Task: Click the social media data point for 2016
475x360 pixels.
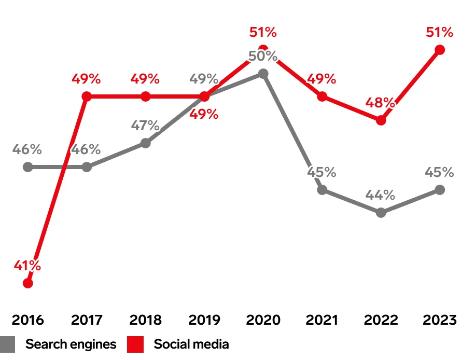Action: [x=28, y=283]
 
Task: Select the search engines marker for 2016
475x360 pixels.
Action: [x=28, y=167]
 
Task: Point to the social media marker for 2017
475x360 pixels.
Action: [x=87, y=96]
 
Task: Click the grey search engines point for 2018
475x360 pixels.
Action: [x=146, y=143]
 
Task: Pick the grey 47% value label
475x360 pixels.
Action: [x=146, y=126]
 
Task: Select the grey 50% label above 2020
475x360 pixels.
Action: [x=263, y=56]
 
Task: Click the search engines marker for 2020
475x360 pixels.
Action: [x=263, y=74]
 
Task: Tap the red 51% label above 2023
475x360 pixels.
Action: [x=440, y=32]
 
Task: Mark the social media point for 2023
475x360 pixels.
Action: [x=440, y=50]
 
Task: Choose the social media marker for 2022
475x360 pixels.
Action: [x=381, y=120]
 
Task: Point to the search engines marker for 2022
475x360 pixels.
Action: [x=381, y=213]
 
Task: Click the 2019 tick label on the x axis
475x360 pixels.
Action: [x=204, y=320]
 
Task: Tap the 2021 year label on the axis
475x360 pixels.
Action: [x=322, y=320]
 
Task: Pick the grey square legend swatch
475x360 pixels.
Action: [x=7, y=344]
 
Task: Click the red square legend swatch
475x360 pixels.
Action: [x=135, y=344]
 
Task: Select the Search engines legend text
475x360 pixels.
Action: [x=71, y=344]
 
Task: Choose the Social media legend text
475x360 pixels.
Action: [x=191, y=344]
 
